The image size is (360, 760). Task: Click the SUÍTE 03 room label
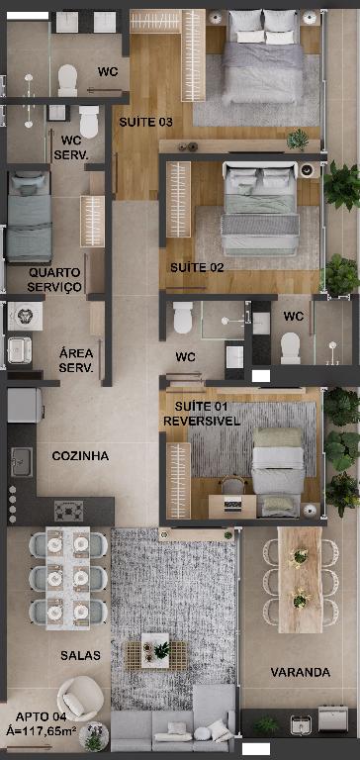tap(145, 122)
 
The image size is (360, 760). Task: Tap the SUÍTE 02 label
tap(197, 267)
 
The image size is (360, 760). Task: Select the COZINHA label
tap(80, 455)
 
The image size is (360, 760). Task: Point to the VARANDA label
tap(301, 672)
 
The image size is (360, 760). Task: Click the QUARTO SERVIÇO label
tap(54, 280)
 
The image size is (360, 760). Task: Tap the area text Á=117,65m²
tap(42, 730)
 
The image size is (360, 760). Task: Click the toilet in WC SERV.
tap(89, 121)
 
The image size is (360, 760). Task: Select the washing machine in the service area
tap(25, 316)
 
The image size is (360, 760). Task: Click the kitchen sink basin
tap(22, 461)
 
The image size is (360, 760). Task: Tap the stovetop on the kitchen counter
tap(68, 511)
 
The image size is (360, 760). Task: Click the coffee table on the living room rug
tap(155, 650)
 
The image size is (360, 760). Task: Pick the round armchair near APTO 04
tap(80, 699)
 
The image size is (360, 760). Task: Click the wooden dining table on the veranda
tap(300, 580)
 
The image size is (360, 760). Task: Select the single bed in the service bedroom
tap(29, 216)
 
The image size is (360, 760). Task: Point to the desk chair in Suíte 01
tap(233, 485)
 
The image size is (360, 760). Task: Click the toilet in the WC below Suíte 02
tap(183, 318)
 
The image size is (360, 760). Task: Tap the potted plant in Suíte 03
tap(298, 140)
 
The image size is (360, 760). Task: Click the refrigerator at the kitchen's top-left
tap(24, 406)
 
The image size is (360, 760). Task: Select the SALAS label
tap(80, 656)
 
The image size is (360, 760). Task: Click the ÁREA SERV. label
tap(76, 360)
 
